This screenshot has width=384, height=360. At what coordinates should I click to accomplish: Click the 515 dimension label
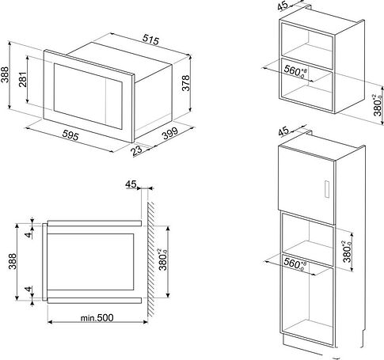(x=151, y=40)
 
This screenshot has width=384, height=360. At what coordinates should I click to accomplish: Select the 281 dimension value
(x=23, y=79)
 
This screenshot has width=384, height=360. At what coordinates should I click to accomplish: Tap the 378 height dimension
(x=186, y=83)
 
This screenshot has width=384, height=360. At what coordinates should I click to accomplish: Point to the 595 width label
(x=70, y=135)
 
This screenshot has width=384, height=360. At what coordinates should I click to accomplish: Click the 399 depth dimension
(x=170, y=133)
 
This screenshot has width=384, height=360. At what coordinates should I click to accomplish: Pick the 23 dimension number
(x=137, y=150)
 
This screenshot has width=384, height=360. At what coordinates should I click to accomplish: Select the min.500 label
(x=97, y=317)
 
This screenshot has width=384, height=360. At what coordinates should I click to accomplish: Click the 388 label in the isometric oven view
(x=5, y=74)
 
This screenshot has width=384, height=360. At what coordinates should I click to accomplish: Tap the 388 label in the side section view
(x=12, y=261)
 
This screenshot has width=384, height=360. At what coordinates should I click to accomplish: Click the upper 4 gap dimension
(x=29, y=234)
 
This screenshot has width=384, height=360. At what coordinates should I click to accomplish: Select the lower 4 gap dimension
(x=29, y=289)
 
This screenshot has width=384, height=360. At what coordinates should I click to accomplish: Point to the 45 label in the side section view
(x=131, y=184)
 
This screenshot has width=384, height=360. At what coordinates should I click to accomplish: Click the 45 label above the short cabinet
(x=283, y=6)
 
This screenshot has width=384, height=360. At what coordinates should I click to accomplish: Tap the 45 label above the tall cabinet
(x=284, y=131)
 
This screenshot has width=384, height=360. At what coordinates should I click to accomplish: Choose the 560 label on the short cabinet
(x=295, y=71)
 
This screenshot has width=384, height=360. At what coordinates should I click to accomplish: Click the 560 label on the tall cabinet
(x=295, y=263)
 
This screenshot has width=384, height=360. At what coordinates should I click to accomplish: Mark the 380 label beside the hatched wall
(x=163, y=260)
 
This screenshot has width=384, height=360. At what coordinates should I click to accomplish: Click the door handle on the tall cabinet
(x=327, y=189)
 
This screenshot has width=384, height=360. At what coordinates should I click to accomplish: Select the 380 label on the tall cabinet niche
(x=348, y=252)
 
